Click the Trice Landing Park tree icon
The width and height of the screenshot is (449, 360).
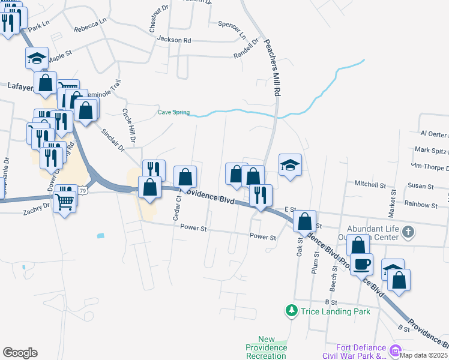(x=291, y=310)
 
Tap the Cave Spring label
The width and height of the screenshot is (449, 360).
(x=173, y=112)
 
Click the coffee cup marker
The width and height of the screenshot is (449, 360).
(x=362, y=263)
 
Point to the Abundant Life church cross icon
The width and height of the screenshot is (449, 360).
(x=408, y=231)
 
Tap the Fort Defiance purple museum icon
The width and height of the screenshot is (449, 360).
(x=395, y=350)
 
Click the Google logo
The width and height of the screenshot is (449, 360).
(x=20, y=353)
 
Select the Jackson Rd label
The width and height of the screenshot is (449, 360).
(x=173, y=40)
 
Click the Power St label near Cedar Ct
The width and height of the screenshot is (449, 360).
(x=193, y=228)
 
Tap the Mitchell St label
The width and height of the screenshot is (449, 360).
(x=369, y=184)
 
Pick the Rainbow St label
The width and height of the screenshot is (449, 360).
(x=421, y=205)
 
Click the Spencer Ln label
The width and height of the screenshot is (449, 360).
(x=232, y=29)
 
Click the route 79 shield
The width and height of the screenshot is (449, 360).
(x=83, y=191)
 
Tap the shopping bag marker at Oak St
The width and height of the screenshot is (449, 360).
(x=306, y=221)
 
